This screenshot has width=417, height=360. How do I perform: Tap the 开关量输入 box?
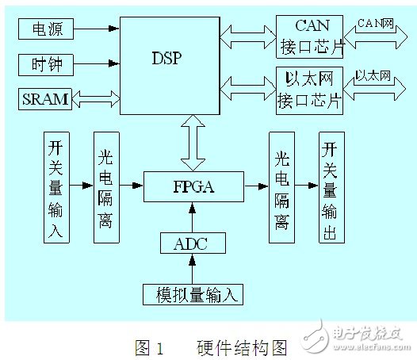click(x=56, y=188)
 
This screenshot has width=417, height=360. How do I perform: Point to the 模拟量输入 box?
click(x=193, y=293)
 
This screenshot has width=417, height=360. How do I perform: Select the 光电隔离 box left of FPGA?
click(x=105, y=188)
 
